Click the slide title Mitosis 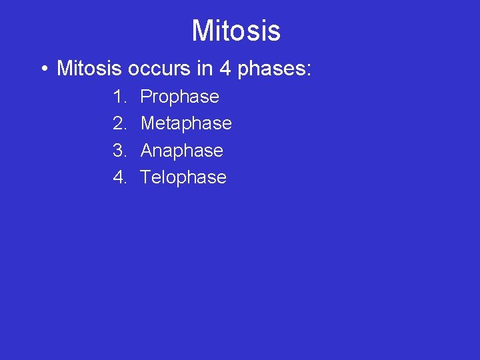click(x=236, y=31)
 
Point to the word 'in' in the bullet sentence click(x=200, y=68)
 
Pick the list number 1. click(x=119, y=97)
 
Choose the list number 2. click(x=119, y=123)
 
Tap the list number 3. click(x=119, y=151)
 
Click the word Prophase click(x=179, y=97)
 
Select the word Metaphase click(x=186, y=124)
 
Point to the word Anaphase click(x=181, y=151)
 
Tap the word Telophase click(x=183, y=177)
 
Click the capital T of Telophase click(x=145, y=177)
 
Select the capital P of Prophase click(x=146, y=97)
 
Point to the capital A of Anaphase click(x=147, y=151)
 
